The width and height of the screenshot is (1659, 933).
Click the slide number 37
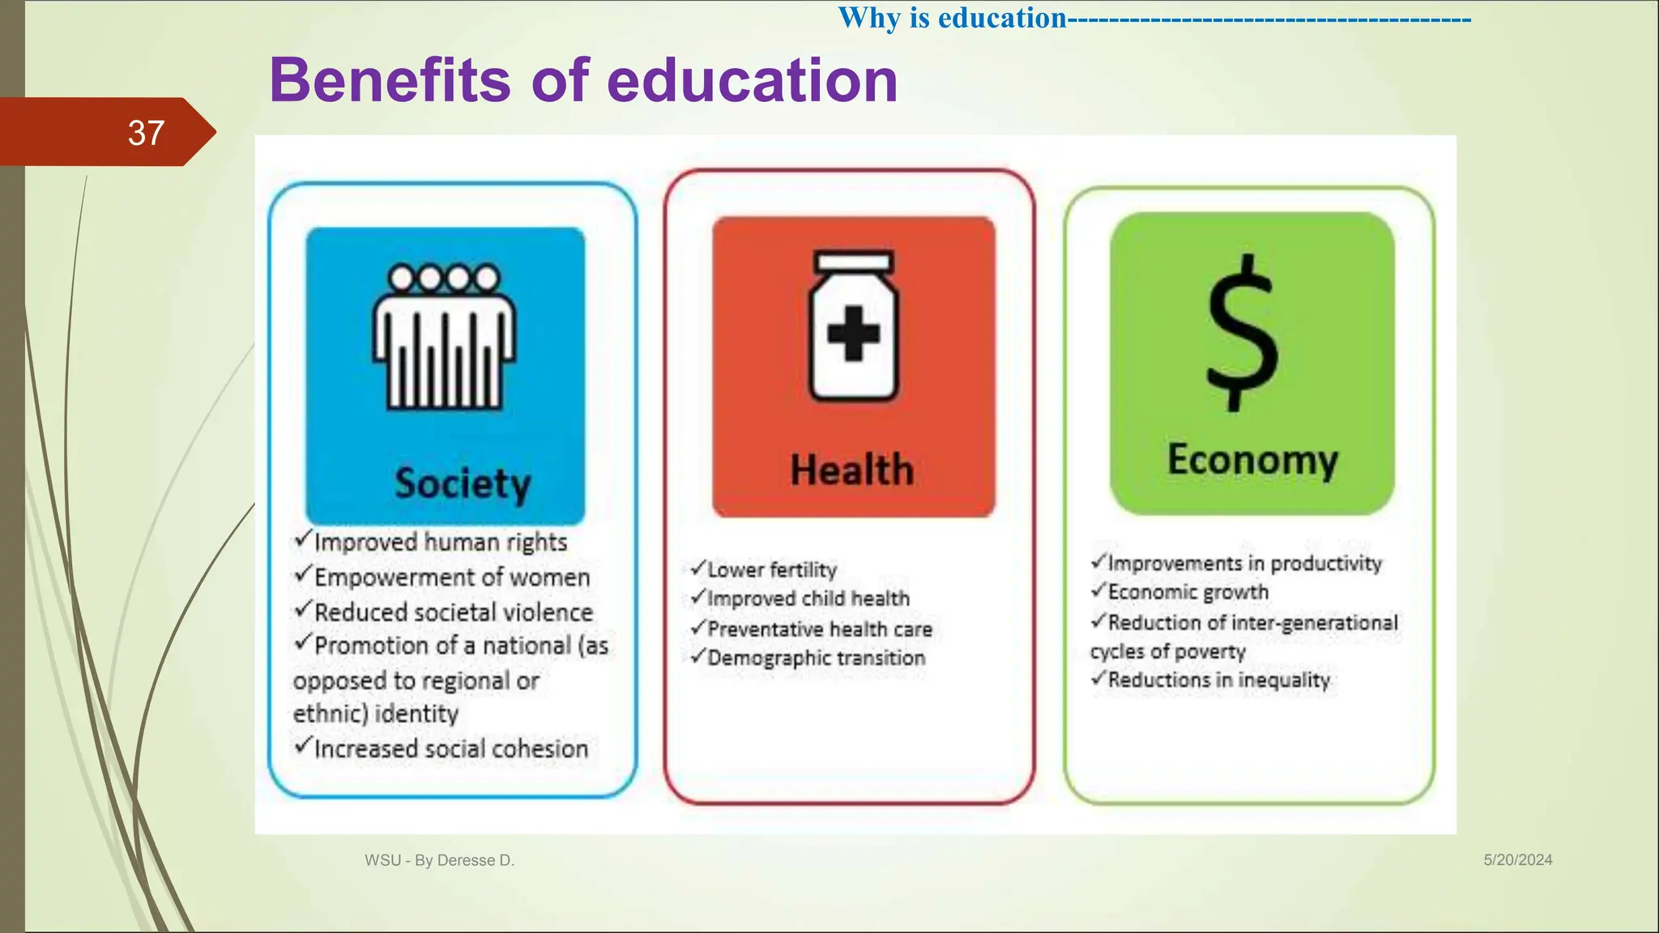coord(146,133)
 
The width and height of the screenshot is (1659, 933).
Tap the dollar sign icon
coord(1243,333)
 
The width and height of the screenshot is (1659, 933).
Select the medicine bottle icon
coord(854,327)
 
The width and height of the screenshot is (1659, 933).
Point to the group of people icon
coord(444,336)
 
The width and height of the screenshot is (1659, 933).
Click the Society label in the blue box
coord(463,484)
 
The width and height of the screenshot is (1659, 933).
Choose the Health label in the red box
coord(852,471)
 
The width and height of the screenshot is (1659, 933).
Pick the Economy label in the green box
coord(1252,460)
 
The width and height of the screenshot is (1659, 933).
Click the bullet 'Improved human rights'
coord(440,542)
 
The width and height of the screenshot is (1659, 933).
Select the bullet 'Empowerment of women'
coord(451,577)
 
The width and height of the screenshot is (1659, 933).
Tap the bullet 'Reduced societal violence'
coord(453,612)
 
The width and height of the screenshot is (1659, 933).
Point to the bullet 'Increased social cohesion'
coord(450,748)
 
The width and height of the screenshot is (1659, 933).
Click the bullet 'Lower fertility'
coord(771,569)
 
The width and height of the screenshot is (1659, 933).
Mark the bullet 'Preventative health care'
coord(819,629)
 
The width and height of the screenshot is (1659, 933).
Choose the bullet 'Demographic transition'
coord(816,658)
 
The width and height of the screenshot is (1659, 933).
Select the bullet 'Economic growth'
coord(1188,592)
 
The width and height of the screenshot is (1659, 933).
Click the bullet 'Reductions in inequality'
coord(1218,680)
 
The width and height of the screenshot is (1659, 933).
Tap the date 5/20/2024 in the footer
coord(1517,860)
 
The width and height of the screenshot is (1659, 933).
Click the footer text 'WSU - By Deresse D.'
coord(439,860)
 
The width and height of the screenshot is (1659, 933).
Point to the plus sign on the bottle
coord(854,333)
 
